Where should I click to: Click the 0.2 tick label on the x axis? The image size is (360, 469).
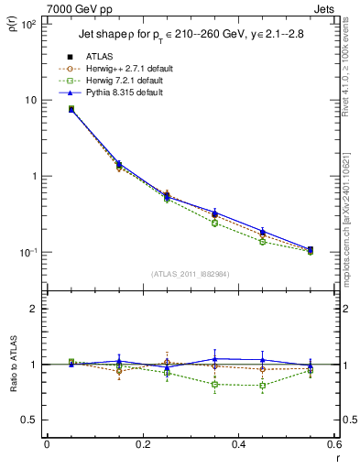(142, 445)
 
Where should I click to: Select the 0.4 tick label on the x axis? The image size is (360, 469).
(238, 445)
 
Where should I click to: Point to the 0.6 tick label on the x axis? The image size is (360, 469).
(333, 445)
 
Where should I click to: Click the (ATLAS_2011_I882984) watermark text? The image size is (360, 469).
(190, 273)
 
